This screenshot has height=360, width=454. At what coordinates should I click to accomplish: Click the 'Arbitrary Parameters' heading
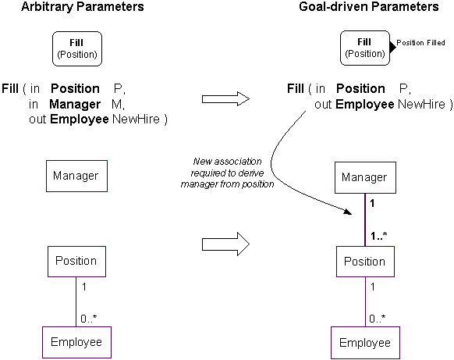[x=83, y=7]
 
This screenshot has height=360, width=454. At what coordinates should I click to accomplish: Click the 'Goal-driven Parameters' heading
[x=369, y=7]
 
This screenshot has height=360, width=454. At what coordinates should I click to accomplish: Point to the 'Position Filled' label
[x=420, y=43]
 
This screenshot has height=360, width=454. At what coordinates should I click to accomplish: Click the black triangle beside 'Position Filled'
[x=393, y=47]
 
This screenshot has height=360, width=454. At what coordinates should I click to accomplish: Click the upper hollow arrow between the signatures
[x=226, y=99]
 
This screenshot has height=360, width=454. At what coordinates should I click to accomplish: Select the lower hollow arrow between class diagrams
[x=226, y=244]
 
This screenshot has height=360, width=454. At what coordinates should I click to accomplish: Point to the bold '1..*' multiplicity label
[x=378, y=236]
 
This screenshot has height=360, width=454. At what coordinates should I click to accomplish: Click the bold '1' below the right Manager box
[x=372, y=203]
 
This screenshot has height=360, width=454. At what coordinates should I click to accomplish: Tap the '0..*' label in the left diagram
[x=89, y=319]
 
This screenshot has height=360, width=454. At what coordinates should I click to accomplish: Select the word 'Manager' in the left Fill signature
[x=75, y=104]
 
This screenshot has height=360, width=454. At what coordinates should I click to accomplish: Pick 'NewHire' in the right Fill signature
[x=421, y=104]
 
